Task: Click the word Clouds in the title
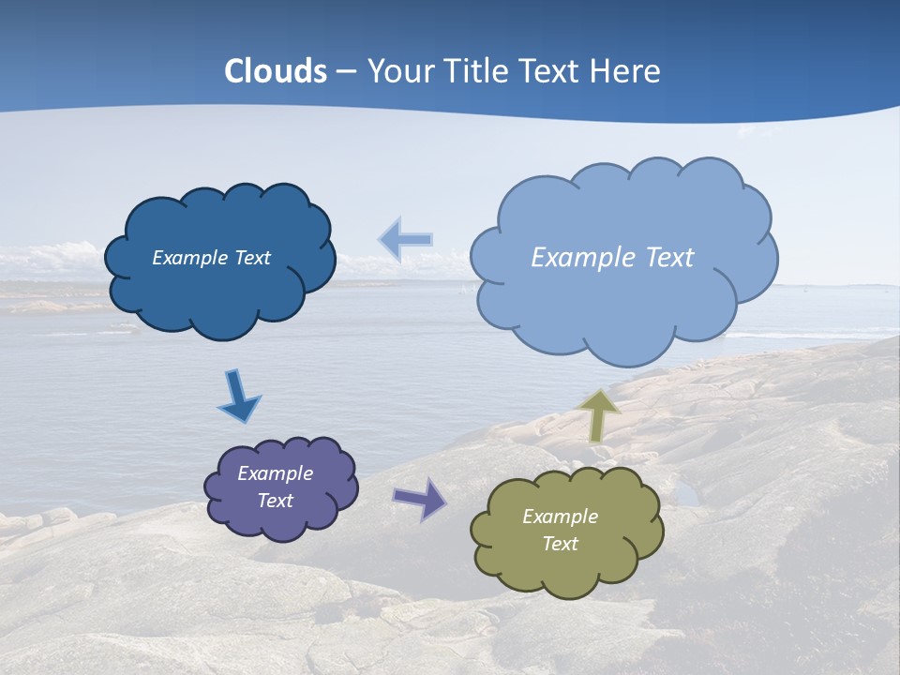click(x=276, y=71)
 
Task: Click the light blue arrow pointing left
click(x=405, y=240)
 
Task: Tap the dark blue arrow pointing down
click(x=238, y=396)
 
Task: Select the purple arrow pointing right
click(x=419, y=498)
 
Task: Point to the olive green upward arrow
click(x=598, y=415)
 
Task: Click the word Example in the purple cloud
click(x=275, y=473)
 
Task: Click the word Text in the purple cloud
click(x=276, y=501)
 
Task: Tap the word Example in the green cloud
click(x=560, y=517)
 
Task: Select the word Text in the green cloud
click(x=561, y=544)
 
